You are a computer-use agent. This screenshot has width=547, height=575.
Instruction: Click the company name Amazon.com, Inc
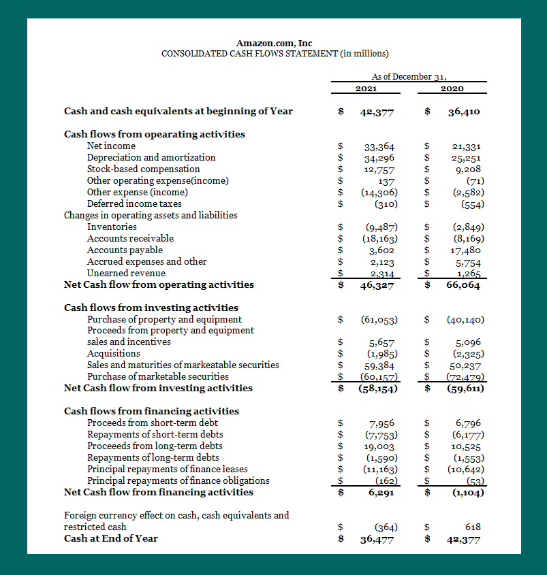274,43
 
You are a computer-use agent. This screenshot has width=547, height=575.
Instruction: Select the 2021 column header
367,88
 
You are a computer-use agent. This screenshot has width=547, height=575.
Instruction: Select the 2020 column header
452,88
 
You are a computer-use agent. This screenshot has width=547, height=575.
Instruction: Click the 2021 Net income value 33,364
379,146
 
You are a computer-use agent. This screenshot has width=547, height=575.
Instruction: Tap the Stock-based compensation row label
143,169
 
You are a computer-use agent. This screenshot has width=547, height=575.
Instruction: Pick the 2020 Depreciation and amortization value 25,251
467,158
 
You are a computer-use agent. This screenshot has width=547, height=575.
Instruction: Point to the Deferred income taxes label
134,203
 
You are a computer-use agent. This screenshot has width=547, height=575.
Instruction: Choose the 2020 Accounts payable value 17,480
467,250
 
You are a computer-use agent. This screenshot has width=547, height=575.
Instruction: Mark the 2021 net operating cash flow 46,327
377,285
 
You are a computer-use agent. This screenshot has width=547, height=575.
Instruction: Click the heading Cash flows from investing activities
151,308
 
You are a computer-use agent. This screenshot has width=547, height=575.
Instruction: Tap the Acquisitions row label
113,353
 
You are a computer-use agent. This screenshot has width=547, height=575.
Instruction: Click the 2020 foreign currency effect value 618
473,527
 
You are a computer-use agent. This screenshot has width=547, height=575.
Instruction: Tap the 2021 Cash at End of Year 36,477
377,539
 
